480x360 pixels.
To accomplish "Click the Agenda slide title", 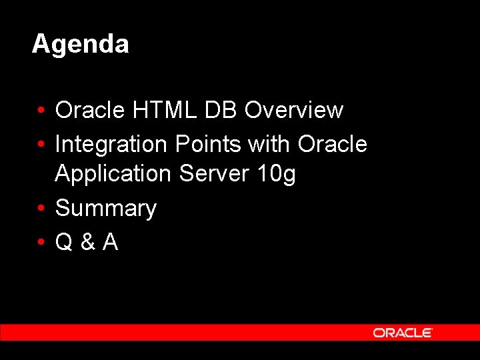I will (x=80, y=45).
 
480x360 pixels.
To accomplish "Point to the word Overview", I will (x=294, y=110).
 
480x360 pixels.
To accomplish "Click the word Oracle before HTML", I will (x=91, y=110).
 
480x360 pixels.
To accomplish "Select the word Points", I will (x=205, y=143).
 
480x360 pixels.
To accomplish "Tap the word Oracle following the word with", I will (x=333, y=143).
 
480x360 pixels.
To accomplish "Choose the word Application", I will (x=113, y=174).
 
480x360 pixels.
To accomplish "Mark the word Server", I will (x=213, y=173).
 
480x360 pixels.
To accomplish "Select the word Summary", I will (x=105, y=209).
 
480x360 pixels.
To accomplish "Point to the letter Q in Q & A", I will (x=64, y=243).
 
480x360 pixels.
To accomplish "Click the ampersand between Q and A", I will (x=87, y=243).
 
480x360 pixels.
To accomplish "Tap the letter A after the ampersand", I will (x=110, y=243).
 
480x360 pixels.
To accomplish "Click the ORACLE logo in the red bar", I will (x=403, y=333).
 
